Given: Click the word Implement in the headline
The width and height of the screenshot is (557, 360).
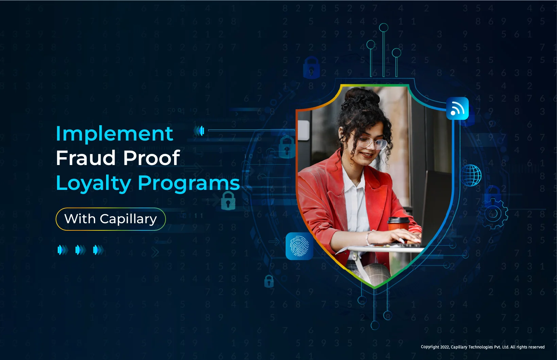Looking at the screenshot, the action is (114, 134).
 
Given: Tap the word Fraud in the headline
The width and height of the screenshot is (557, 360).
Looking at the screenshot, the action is (86, 158).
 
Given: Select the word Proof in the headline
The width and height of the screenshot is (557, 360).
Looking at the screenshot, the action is (151, 158).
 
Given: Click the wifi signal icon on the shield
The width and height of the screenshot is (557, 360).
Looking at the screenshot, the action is (457, 109).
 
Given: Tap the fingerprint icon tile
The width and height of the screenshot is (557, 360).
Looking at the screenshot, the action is (299, 246).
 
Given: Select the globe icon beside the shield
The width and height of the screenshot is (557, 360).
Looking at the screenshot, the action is (471, 175).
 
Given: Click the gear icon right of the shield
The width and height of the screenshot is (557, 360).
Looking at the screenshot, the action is (494, 213).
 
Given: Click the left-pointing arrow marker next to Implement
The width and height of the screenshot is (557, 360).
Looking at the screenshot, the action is (199, 130).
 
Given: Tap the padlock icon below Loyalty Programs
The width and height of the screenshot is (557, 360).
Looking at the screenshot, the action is (228, 201).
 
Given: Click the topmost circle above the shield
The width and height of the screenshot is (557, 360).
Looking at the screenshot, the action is (384, 28).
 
